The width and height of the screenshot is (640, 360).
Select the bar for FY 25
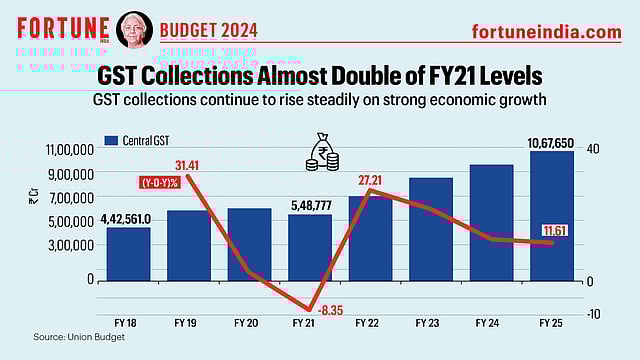coord(551,215)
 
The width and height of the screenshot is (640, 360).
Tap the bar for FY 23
coord(430,229)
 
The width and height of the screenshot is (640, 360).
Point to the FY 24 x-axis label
coord(490,324)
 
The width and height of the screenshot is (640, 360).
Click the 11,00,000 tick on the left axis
coord(71,150)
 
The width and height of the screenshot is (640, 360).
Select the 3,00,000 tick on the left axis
coord(74,245)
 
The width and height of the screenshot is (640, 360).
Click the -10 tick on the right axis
coord(594,313)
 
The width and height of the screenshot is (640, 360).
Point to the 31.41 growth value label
coord(187,165)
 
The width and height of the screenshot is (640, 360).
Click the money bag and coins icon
coord(323,151)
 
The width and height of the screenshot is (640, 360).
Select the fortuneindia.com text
coord(546,32)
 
